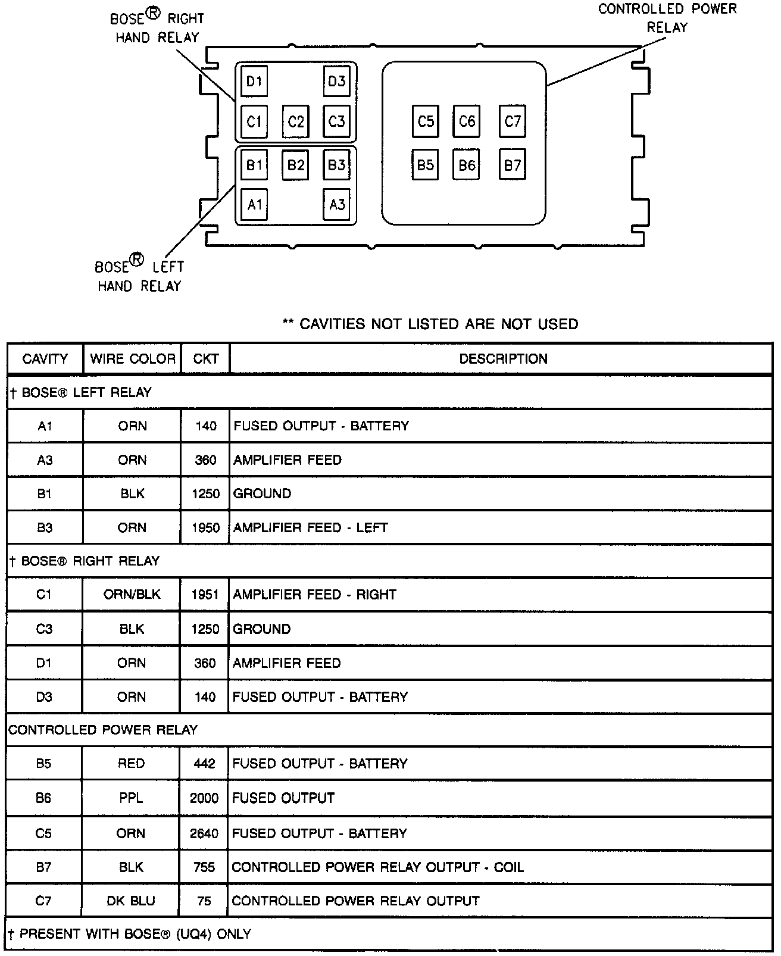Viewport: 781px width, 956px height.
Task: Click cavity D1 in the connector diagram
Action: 254,81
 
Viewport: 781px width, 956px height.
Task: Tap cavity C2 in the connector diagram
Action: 296,121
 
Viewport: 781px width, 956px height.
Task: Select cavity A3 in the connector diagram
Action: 337,205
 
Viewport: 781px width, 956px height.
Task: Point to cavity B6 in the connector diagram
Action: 467,164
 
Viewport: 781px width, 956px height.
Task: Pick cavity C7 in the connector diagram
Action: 513,121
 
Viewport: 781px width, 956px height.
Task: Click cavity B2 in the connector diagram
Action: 296,164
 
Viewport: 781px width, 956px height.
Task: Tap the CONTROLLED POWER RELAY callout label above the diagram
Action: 667,18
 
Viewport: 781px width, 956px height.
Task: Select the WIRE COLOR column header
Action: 133,359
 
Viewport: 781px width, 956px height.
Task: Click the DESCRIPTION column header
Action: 503,359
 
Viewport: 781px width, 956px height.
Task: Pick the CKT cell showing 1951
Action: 205,594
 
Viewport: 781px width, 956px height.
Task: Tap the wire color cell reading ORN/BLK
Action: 132,594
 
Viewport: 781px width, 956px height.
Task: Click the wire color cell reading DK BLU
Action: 131,901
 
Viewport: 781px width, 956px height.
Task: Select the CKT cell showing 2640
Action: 204,833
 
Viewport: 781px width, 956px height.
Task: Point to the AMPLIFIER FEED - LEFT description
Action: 310,527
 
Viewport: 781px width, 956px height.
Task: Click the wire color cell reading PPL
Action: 131,798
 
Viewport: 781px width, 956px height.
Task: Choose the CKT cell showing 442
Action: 204,763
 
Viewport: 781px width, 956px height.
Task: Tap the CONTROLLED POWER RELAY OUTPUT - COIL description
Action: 377,867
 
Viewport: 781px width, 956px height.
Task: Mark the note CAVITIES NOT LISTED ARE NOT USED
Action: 430,324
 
